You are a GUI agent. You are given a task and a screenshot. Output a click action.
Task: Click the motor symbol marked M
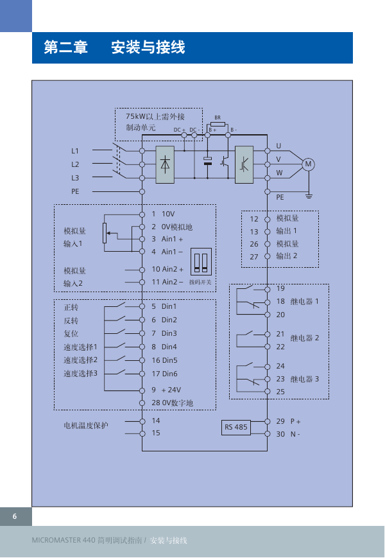coord(308,164)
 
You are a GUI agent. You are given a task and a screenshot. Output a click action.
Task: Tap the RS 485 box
coord(236,428)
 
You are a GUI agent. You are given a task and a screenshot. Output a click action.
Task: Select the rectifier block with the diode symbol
coord(165,164)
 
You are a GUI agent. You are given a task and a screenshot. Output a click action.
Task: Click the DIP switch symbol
coord(201,261)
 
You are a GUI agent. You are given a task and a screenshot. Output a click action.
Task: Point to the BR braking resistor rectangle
coord(218,124)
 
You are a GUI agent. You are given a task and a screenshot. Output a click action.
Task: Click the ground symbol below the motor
coord(309,195)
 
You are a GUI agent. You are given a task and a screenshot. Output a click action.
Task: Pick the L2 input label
coord(75,164)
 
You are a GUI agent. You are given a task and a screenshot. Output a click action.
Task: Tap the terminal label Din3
coord(169,333)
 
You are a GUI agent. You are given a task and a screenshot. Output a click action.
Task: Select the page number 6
coord(15,516)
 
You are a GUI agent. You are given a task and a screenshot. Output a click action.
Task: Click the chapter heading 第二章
coord(65,48)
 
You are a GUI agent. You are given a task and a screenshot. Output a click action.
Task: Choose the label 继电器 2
coord(305,338)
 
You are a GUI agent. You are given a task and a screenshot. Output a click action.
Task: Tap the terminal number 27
coord(254,257)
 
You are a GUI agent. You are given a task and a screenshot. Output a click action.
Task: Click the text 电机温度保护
coord(86,425)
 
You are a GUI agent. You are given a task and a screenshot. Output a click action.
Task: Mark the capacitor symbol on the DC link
coord(208,161)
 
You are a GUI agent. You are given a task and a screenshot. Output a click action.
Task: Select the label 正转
coord(71,308)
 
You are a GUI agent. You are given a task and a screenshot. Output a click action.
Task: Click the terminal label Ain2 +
coord(173,270)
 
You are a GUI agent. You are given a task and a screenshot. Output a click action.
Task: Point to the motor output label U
coord(278,146)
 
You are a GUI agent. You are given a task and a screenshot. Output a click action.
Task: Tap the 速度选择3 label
coord(80,373)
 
